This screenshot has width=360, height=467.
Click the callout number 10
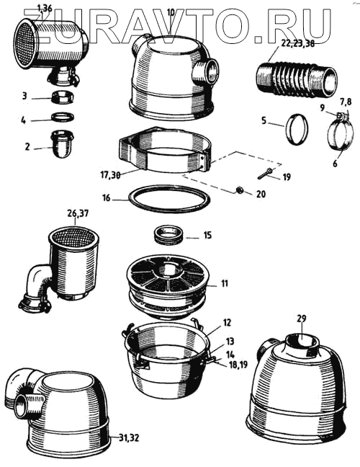(171, 12)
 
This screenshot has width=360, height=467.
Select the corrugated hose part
(297, 79)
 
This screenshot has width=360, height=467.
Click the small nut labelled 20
(238, 190)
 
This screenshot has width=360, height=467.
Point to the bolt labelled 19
(266, 173)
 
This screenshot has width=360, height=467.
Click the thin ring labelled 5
(297, 130)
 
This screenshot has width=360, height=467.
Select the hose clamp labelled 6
(341, 132)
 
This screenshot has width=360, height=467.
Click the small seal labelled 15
(168, 235)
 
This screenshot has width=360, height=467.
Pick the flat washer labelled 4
(63, 117)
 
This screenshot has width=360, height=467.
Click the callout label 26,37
(78, 214)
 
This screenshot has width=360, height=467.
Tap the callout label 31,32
(129, 438)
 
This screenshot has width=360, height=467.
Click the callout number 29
(301, 319)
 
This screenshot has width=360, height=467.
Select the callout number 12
(227, 323)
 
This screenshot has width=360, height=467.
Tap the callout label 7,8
(345, 102)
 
